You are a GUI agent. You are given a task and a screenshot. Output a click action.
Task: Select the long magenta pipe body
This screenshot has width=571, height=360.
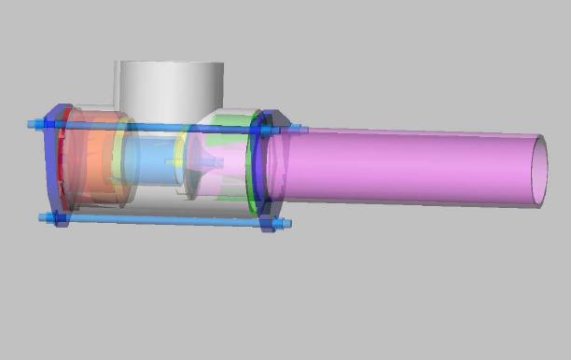click(x=401, y=168)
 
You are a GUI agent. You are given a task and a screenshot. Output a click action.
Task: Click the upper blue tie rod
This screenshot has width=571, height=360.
click(x=159, y=126)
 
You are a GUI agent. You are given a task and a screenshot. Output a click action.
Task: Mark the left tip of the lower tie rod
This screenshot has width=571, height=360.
click(x=42, y=217)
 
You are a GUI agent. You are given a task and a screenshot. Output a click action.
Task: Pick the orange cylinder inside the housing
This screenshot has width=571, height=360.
click(x=93, y=168)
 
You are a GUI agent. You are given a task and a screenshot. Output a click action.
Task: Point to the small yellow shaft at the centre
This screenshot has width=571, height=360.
click(x=175, y=163)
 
